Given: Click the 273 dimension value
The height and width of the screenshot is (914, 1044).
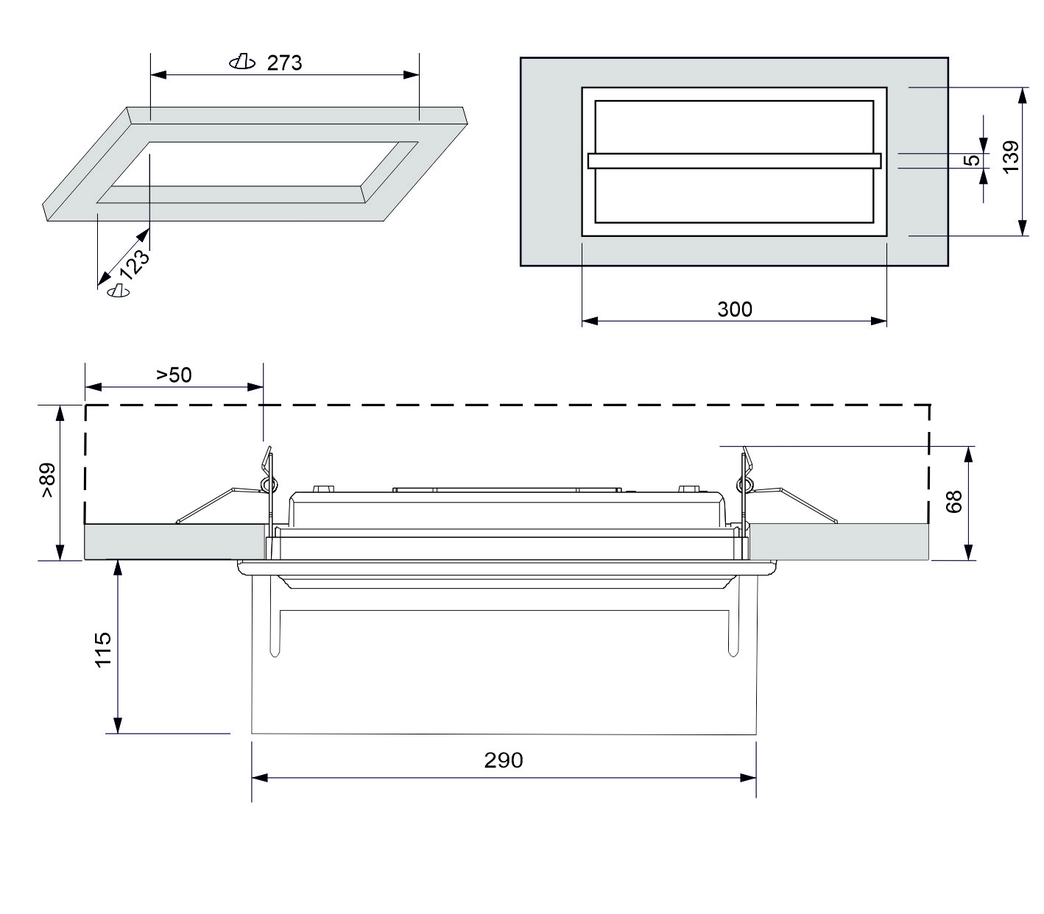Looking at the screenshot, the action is click(x=285, y=63).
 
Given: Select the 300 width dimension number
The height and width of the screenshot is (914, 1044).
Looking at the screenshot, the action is click(x=735, y=310).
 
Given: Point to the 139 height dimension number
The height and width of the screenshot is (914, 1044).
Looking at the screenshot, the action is click(x=1010, y=157).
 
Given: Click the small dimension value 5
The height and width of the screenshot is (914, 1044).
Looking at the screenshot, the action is click(x=973, y=160).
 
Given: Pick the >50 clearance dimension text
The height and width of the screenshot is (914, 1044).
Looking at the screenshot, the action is click(x=174, y=375).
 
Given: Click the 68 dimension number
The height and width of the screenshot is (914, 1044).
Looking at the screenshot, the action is click(x=953, y=501).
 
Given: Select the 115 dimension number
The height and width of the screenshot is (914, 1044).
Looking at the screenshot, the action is click(x=103, y=649).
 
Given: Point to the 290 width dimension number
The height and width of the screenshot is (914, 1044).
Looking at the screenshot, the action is click(x=504, y=760).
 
